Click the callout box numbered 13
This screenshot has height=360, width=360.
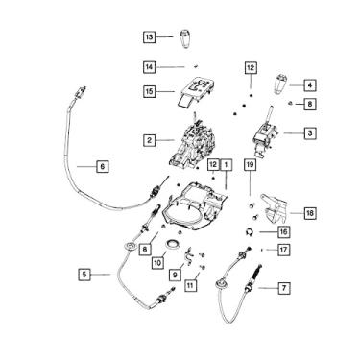point(149,37)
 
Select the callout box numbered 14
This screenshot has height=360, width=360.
point(149,67)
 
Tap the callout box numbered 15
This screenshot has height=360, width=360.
point(149,92)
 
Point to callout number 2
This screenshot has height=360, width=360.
point(149,140)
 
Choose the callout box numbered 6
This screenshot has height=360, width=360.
point(103,166)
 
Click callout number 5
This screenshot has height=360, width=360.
point(84,275)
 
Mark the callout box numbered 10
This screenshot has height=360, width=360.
point(157,263)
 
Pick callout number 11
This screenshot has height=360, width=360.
point(190,285)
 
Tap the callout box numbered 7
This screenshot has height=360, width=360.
point(284,288)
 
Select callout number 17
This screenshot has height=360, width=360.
point(284,250)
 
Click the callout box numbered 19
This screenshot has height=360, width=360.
point(251,165)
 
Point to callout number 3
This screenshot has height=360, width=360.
point(309,132)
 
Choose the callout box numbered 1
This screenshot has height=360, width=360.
point(226,165)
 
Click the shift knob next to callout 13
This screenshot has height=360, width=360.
point(185,38)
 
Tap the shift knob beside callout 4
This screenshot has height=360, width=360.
point(280,84)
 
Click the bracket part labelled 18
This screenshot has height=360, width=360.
point(275,209)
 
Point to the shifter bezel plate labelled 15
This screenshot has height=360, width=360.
point(195,92)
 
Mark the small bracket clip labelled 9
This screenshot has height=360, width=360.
point(188,256)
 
